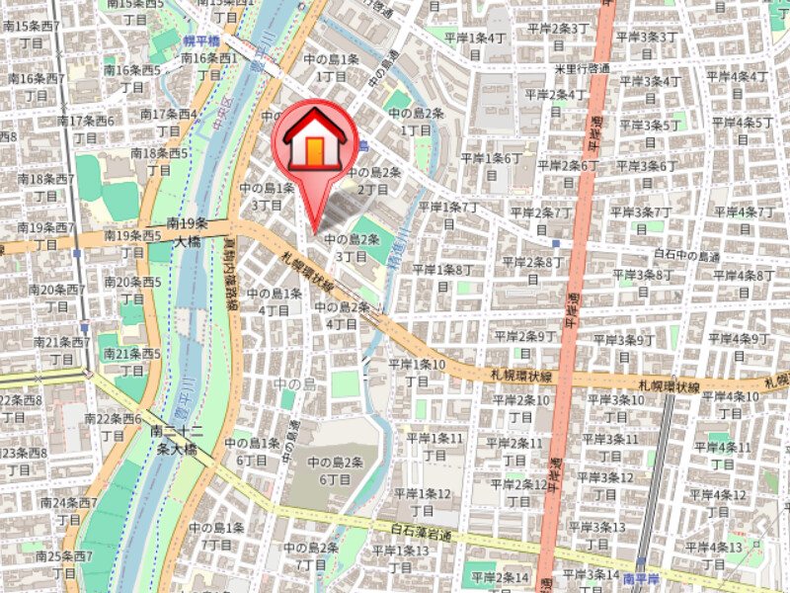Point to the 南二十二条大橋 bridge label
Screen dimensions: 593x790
(x=178, y=441)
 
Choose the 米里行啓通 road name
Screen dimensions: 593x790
(x=582, y=68)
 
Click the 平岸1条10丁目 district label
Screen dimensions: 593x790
(x=418, y=374)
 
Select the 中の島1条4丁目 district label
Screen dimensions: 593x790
(x=275, y=301)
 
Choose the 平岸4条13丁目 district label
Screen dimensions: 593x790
(x=717, y=556)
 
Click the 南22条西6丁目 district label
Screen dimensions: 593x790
(x=117, y=427)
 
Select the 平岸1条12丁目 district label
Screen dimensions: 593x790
(x=422, y=502)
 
